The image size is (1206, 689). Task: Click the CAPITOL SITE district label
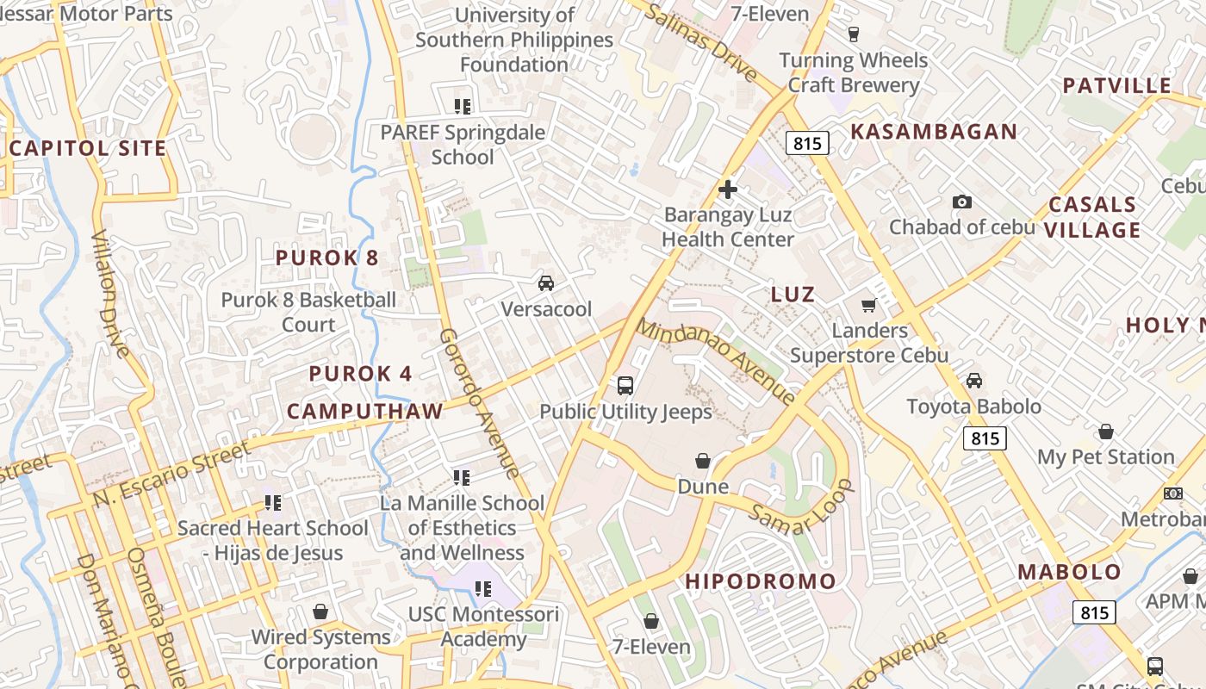pos(88,148)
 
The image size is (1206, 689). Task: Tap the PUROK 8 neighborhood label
pos(327,258)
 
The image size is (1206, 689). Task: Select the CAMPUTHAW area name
pos(364,411)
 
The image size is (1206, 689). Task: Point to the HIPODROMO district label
pos(761,581)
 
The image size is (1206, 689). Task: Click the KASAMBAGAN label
pos(934,132)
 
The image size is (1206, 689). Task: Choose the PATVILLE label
pos(1116,85)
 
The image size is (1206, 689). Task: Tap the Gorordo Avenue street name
pos(479,402)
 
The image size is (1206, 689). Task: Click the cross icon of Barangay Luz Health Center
pos(728,189)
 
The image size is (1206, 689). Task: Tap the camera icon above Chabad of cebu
pos(962,202)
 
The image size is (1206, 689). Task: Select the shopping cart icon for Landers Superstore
pos(869,306)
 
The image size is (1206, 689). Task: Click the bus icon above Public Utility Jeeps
pos(625,385)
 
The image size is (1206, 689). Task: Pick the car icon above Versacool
pos(545,282)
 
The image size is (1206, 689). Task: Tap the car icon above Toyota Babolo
pos(974,381)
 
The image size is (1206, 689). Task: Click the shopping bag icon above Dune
pos(703,462)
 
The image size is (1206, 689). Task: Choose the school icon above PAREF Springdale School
pos(463,107)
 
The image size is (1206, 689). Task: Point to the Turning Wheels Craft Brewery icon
pos(854,34)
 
